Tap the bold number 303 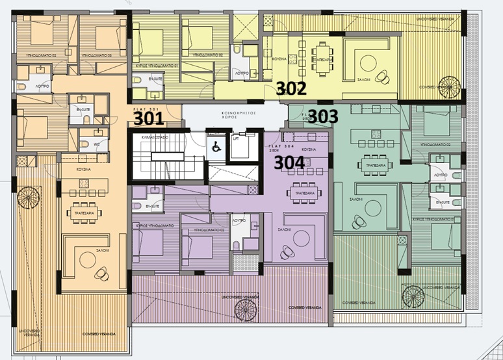[x=322, y=116]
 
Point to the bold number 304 [x=289, y=162]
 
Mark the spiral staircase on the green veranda [x=415, y=298]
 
